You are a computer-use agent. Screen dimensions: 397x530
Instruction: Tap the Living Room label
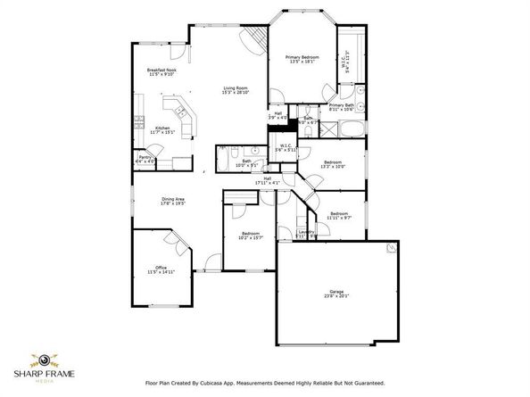(x=235, y=88)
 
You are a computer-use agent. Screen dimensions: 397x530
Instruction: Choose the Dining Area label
(x=173, y=199)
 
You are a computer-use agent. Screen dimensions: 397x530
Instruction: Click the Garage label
(x=336, y=291)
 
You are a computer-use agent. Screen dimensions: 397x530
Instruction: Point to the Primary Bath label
(x=342, y=105)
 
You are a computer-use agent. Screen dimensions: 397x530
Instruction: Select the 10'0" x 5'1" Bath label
(x=246, y=161)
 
